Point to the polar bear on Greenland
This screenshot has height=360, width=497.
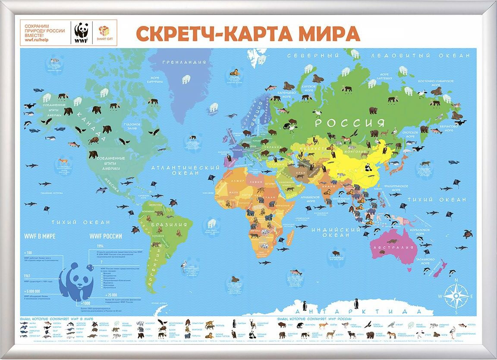point(186,79)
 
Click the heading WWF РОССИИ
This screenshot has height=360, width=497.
point(105,236)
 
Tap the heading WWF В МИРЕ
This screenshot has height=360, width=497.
point(40,236)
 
